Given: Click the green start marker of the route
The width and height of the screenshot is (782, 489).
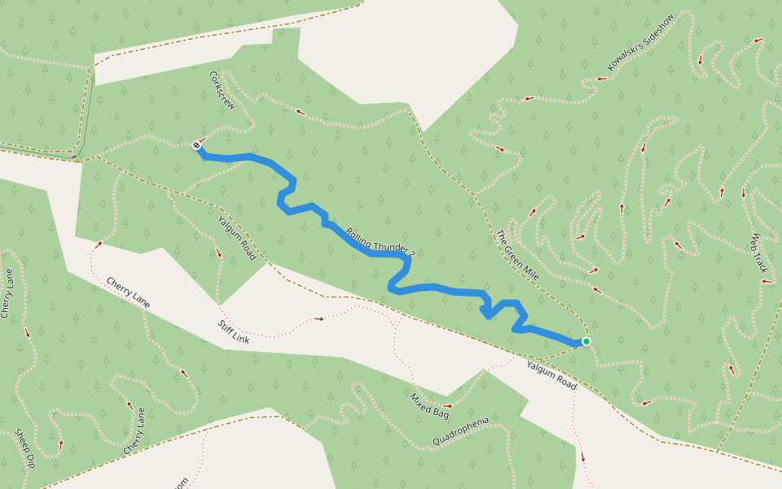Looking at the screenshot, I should tap(586, 341).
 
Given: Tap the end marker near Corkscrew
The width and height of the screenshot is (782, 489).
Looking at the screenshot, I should tap(197, 145).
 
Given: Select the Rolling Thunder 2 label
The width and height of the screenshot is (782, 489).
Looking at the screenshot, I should tap(380, 242).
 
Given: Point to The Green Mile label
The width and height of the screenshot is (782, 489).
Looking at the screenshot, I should tap(517, 255).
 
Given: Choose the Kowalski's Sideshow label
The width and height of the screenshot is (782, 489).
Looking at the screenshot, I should tap(641, 42).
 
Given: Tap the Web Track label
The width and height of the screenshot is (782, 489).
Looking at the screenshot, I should tap(759, 253).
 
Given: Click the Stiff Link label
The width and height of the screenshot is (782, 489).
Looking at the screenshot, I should tap(233, 332).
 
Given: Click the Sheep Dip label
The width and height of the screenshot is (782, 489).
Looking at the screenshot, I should tap(24, 449).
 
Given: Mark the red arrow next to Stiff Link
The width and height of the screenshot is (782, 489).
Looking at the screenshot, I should tap(319, 319).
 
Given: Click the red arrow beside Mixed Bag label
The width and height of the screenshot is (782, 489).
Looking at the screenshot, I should tap(447, 405).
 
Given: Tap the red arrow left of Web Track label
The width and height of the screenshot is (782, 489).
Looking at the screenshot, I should tap(743, 193).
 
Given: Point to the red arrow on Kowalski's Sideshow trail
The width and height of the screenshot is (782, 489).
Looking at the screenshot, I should tap(600, 79).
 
